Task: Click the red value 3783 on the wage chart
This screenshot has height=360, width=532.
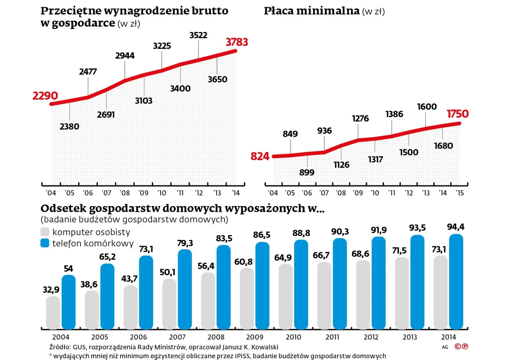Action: click(x=237, y=42)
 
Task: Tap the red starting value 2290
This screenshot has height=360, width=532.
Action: click(x=45, y=96)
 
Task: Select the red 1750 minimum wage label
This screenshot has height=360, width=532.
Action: click(x=458, y=114)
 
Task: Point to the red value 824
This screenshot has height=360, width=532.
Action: click(x=260, y=156)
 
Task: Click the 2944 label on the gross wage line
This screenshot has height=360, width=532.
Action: click(x=125, y=56)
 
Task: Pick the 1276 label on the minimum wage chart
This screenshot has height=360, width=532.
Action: click(x=360, y=119)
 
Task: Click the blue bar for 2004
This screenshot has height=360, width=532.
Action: click(x=68, y=302)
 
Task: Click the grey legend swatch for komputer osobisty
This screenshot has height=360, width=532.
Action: click(x=45, y=232)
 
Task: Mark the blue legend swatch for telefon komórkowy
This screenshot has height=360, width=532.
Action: click(x=45, y=243)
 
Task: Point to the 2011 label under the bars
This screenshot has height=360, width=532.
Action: click(x=332, y=337)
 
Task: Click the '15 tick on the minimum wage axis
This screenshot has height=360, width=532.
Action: click(x=460, y=193)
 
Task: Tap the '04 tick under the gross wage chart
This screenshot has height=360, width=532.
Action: click(x=51, y=193)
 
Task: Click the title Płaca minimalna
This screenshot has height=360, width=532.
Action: click(x=312, y=11)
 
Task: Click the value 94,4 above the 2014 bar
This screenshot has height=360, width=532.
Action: click(x=456, y=227)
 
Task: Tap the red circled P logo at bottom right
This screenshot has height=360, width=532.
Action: click(x=465, y=346)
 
